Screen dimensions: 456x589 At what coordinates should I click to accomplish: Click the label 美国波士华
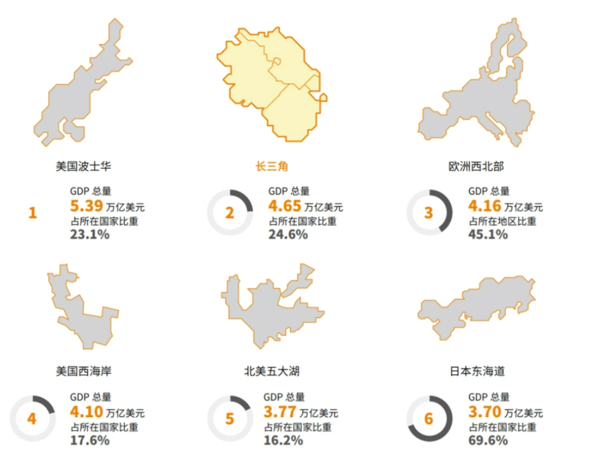click(83, 166)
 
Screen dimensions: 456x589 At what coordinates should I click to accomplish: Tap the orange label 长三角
click(271, 166)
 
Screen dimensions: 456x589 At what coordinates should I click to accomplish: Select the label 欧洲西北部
click(476, 166)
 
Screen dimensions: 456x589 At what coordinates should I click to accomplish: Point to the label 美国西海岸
click(83, 370)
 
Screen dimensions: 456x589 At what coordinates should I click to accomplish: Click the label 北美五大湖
click(271, 370)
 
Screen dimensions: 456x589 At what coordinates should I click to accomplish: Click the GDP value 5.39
click(86, 206)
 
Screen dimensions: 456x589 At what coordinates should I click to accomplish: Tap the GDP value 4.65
click(284, 206)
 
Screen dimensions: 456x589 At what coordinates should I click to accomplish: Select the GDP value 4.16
click(484, 206)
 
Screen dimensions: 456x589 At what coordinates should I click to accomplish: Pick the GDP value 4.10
click(86, 412)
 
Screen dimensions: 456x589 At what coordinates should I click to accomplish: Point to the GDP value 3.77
click(279, 412)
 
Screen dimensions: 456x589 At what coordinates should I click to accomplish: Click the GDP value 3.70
click(484, 412)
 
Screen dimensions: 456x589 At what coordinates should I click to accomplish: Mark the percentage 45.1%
click(488, 234)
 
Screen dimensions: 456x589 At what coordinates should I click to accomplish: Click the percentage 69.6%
click(488, 440)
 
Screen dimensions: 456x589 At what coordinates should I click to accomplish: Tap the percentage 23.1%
click(90, 234)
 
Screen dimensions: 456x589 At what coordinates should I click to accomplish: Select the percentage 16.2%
click(283, 440)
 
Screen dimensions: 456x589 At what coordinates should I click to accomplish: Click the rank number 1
click(33, 213)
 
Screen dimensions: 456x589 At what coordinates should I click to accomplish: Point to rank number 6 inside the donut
click(429, 419)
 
